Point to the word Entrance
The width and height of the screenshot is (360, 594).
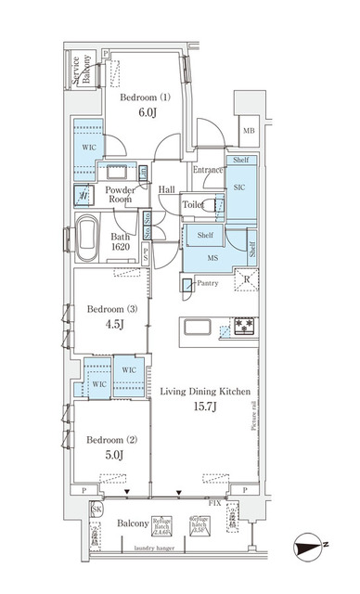208,170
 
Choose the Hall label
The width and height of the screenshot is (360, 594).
167,190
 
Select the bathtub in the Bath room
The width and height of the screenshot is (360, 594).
88,239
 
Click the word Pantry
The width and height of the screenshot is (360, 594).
208,282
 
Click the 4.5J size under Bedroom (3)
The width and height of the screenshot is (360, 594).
108,326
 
